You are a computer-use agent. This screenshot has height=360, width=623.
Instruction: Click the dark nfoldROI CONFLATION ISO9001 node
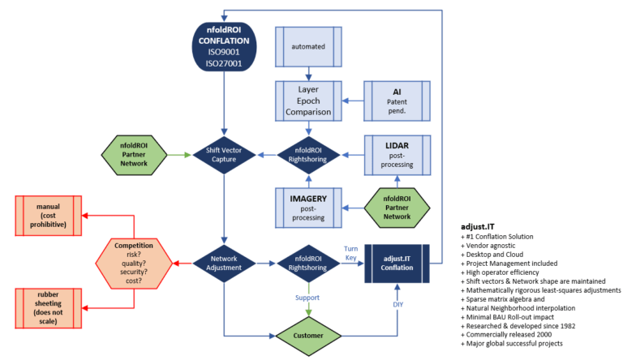[x=222, y=47]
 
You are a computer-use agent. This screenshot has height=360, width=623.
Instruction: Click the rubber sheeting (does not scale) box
[x=47, y=308]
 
